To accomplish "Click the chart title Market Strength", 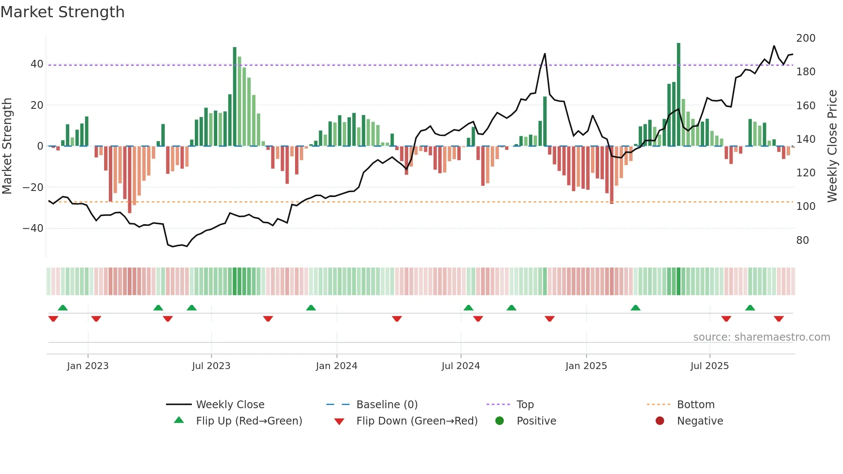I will [x=62, y=12].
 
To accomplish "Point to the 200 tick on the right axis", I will [x=806, y=38].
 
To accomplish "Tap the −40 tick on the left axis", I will [x=33, y=228].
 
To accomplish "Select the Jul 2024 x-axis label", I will [x=461, y=366].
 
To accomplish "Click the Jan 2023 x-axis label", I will [x=88, y=366].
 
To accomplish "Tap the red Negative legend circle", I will [x=660, y=421].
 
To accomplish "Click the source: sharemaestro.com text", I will [x=761, y=337].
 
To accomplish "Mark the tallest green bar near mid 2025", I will [x=679, y=95].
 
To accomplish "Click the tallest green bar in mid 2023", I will [x=235, y=97].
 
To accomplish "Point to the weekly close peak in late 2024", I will [x=545, y=54].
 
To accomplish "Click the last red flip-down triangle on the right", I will [x=778, y=319].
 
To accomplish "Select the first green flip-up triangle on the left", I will [x=63, y=308].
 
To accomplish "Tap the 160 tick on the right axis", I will [x=806, y=106].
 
